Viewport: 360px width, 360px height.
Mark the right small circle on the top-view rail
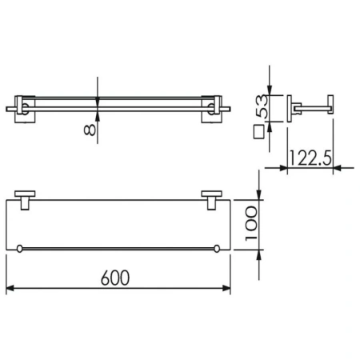coord(218,250)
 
